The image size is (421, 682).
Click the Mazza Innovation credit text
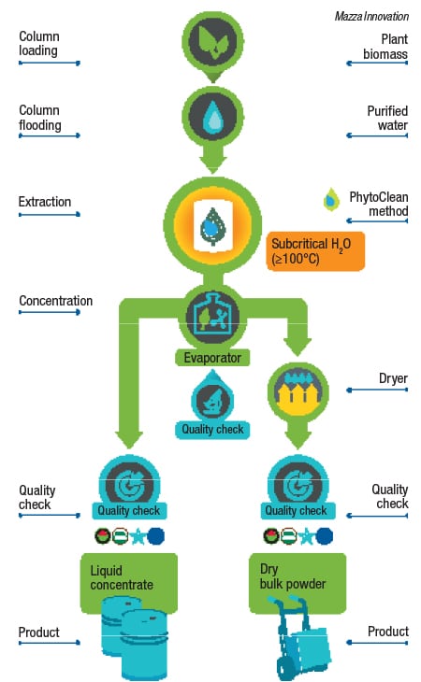pyautogui.click(x=371, y=17)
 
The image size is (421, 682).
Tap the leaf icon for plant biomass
pyautogui.click(x=213, y=42)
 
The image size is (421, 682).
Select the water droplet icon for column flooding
pyautogui.click(x=213, y=117)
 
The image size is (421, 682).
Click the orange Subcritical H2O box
pyautogui.click(x=315, y=251)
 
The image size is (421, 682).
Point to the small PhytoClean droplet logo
pyautogui.click(x=331, y=200)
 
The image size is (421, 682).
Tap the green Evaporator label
pyautogui.click(x=212, y=358)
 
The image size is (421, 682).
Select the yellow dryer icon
pyautogui.click(x=298, y=391)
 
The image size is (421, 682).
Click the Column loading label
pyautogui.click(x=39, y=44)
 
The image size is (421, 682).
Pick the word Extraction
pyautogui.click(x=45, y=202)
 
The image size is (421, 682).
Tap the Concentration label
pyautogui.click(x=56, y=301)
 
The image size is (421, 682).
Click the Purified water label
pyautogui.click(x=387, y=118)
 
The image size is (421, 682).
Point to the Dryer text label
pyautogui.click(x=393, y=378)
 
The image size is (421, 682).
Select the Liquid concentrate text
pyautogui.click(x=122, y=577)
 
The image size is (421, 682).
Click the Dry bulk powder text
pyautogui.click(x=293, y=576)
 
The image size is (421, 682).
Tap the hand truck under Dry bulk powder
pyautogui.click(x=301, y=638)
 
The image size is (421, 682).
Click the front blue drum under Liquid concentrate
pyautogui.click(x=144, y=645)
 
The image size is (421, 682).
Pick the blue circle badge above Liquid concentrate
pyautogui.click(x=155, y=536)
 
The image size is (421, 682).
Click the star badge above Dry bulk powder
pyautogui.click(x=307, y=536)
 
